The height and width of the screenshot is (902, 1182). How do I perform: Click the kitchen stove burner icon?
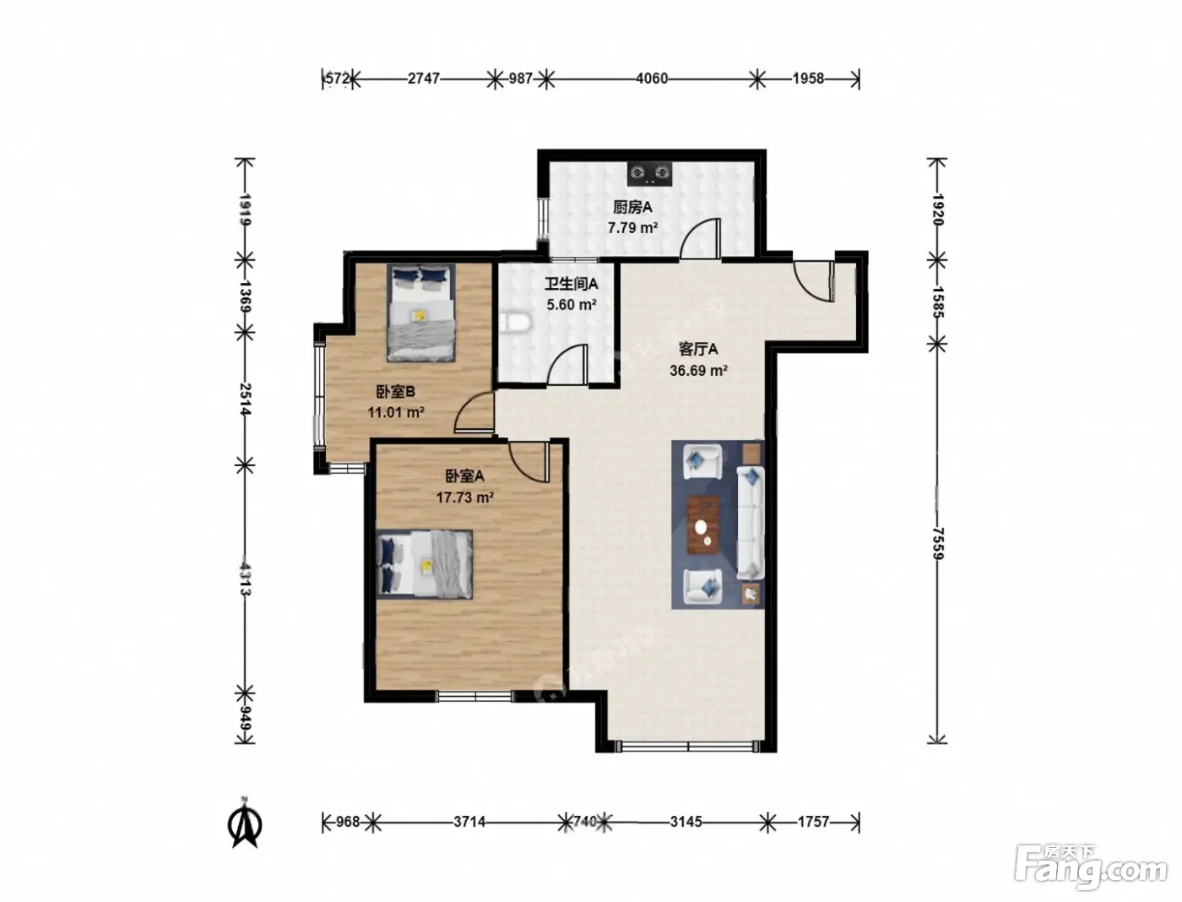click(650, 173)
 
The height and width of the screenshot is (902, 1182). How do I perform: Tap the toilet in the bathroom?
click(516, 323)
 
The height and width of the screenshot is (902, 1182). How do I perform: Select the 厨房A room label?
click(632, 207)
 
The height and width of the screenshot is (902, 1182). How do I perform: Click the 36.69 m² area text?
click(698, 371)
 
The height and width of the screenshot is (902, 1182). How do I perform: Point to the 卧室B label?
click(395, 392)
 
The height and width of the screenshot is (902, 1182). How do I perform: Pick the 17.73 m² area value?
click(464, 497)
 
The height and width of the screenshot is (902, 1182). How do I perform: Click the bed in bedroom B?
click(421, 312)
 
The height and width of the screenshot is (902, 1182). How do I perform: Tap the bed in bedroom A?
click(425, 564)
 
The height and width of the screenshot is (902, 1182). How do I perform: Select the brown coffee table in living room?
click(703, 525)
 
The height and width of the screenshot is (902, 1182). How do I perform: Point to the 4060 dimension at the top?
click(652, 79)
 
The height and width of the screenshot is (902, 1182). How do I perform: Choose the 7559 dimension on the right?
click(937, 543)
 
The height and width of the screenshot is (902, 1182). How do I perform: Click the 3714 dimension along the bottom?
click(469, 823)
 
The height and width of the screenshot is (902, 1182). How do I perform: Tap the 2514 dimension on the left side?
click(245, 399)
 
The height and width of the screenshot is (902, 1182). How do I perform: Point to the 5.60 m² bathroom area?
click(572, 305)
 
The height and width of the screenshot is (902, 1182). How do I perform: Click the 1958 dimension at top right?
click(808, 79)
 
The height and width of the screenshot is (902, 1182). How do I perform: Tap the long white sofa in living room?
click(750, 522)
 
